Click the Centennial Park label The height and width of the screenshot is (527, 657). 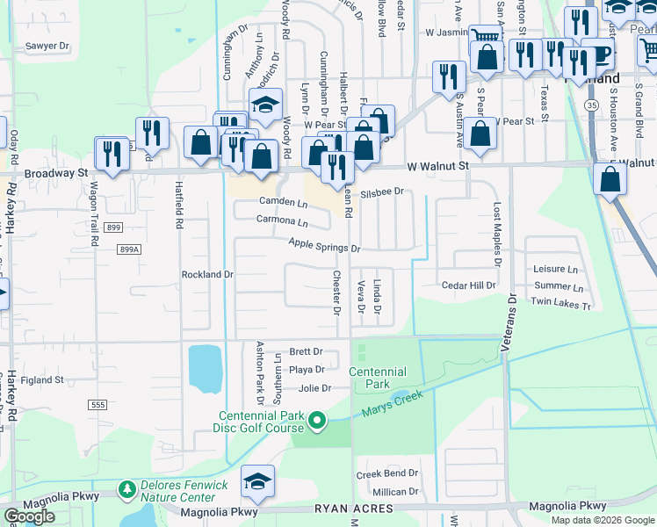click(x=378, y=378)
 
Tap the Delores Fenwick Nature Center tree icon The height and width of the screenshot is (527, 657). click(x=127, y=487)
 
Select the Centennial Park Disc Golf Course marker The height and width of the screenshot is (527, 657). click(x=318, y=422)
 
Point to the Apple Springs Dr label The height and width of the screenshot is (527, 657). click(x=325, y=249)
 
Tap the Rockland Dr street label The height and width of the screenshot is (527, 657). click(x=207, y=274)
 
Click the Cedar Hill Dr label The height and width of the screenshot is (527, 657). click(x=469, y=285)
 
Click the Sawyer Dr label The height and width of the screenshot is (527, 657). click(x=47, y=46)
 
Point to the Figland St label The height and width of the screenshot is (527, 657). click(x=44, y=380)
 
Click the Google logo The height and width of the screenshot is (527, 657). click(x=29, y=516)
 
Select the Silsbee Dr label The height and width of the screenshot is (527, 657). click(x=382, y=191)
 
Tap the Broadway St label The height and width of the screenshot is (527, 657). click(x=56, y=173)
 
